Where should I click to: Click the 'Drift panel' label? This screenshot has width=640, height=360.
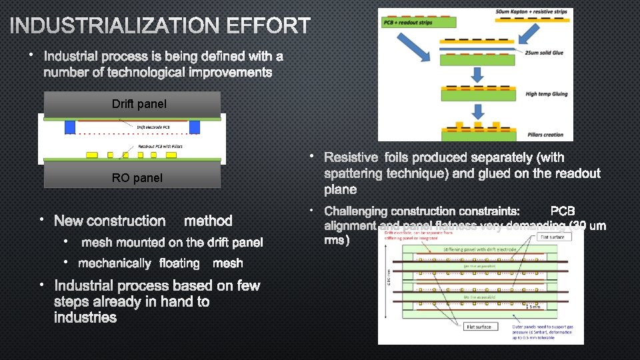139,104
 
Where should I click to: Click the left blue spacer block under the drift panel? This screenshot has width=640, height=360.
70,127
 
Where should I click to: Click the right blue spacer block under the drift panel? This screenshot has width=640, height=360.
195,127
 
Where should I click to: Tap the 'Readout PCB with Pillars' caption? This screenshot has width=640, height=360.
160,147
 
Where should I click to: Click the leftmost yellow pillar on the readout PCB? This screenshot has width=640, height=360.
92,155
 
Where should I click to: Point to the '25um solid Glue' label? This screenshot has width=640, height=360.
546,52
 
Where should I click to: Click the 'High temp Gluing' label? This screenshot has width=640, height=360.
547,94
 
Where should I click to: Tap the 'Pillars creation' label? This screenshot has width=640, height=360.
544,135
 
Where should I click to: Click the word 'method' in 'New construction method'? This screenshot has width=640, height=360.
208,221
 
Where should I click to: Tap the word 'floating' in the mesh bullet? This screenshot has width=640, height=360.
179,263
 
